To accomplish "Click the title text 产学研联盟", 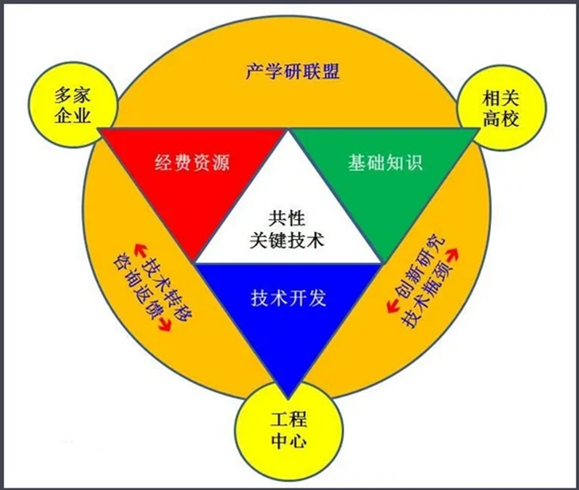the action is point(293,71).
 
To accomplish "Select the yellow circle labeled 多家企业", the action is point(73,105).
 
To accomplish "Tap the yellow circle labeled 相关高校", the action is point(501,108).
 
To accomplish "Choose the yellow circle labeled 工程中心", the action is point(289,430).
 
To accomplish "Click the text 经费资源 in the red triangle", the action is point(192,162).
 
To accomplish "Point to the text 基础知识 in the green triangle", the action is point(385,162).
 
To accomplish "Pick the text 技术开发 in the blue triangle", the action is point(289,298).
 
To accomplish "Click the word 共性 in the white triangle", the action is point(287,218).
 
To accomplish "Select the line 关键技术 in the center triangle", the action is point(287,240).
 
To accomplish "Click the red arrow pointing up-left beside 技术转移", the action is point(140,250).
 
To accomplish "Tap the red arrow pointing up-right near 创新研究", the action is point(453,255).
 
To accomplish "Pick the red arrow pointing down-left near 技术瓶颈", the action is point(393,307).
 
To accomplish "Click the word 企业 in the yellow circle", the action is point(73,116).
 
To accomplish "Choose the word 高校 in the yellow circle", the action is point(501,119).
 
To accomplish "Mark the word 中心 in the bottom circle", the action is point(289,442).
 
